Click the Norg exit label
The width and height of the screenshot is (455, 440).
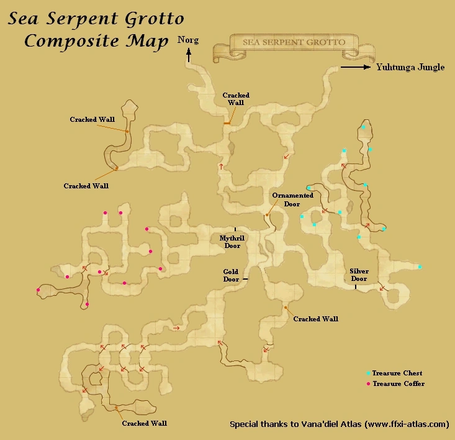coord(188,40)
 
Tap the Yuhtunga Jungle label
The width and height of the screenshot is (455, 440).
coord(410,68)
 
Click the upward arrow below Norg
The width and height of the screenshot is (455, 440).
coord(188,55)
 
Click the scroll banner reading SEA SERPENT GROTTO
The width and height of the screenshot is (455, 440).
coord(286,44)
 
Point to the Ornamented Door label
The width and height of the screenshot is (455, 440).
coord(292,199)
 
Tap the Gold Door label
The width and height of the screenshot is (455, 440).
coord(231,275)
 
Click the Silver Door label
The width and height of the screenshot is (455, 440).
coord(359,275)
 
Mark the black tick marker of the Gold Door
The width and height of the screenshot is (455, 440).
coord(246,280)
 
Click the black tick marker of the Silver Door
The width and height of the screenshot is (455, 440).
coord(355,287)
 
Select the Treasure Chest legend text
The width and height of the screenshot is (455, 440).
coord(398,373)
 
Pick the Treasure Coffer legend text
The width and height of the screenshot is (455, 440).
coord(399,384)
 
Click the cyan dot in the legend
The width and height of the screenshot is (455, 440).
coord(369,373)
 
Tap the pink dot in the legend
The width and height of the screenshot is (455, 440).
coord(369,384)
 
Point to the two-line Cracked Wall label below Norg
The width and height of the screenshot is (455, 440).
coord(236,99)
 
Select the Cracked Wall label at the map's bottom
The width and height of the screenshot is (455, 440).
coord(144,423)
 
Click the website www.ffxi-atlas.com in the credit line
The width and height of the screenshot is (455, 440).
coord(407,424)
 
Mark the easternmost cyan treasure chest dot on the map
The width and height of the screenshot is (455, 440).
coord(420,267)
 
